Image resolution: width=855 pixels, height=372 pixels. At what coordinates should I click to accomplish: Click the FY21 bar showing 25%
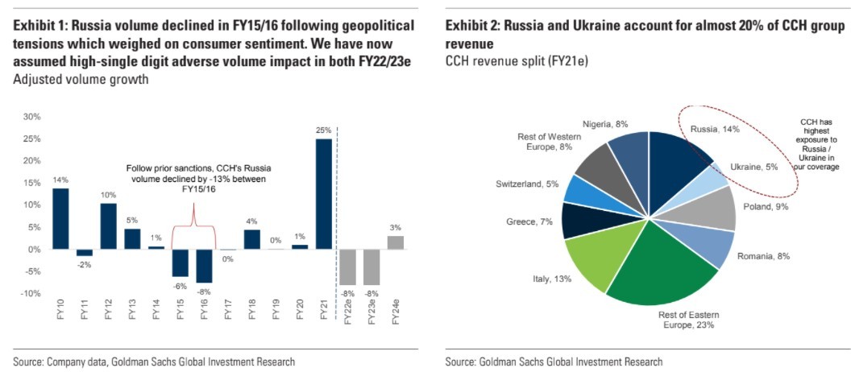[x=323, y=193]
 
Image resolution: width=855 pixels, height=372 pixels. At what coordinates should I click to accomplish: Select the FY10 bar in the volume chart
[x=60, y=218]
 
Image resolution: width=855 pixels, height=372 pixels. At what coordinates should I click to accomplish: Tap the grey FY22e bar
[x=347, y=267]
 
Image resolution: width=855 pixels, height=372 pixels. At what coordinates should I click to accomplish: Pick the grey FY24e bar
[x=395, y=242]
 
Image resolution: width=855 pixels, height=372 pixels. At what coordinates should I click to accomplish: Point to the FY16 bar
[x=204, y=267]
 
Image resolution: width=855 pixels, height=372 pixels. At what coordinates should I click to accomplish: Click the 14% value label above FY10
[x=60, y=180]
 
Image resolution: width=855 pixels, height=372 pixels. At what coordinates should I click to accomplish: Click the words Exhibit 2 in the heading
[x=471, y=26]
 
